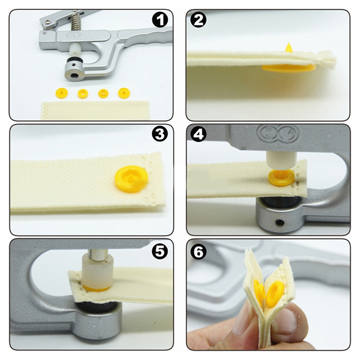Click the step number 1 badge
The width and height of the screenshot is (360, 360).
160,20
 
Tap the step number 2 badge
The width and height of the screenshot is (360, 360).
198,20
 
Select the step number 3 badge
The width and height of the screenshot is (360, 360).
160,134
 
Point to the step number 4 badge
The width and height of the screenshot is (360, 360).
198,134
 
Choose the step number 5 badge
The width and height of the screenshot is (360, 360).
160,251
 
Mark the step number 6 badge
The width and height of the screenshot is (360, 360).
198,252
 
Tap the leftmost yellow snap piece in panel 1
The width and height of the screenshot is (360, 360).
61,93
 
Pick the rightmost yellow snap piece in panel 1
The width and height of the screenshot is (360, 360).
124,93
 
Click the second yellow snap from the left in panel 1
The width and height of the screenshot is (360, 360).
83,93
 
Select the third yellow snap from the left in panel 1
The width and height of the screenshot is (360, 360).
103,93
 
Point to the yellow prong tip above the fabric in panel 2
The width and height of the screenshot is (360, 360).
288,47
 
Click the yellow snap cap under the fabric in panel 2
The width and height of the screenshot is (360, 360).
288,68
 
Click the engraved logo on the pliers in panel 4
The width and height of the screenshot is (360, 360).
278,133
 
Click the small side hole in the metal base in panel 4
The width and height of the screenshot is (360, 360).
280,222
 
